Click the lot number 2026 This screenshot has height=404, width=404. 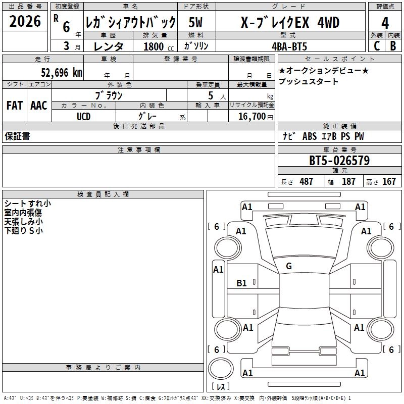(25, 23)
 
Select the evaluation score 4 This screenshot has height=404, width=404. (385, 23)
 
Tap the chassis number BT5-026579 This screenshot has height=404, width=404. (339, 161)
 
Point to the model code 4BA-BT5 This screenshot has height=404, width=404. (289, 46)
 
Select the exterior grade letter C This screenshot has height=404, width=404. (376, 45)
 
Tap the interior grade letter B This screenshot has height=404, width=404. (393, 45)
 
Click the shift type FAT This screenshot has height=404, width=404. (15, 106)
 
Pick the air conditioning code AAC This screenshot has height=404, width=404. (39, 106)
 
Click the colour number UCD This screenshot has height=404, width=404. (83, 116)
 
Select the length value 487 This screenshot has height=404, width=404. (306, 182)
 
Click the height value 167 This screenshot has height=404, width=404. (389, 182)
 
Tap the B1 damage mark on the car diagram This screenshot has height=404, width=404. (242, 283)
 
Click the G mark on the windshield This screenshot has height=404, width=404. (289, 266)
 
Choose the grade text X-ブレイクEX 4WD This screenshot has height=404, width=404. (290, 23)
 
